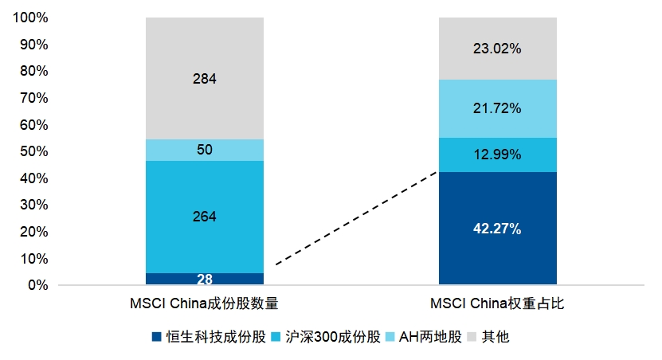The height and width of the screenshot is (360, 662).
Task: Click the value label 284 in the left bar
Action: pos(204,79)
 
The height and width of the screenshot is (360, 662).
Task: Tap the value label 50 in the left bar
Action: pos(204,150)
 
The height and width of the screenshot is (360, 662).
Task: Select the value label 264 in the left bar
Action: pos(204,217)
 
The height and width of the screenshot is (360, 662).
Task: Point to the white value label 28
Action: pos(204,279)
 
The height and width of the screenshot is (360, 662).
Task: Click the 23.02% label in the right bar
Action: pos(498,49)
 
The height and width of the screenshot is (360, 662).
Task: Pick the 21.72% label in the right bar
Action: pos(498,108)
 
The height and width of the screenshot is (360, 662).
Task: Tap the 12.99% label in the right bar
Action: pos(498,155)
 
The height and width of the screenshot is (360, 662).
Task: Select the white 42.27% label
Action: pos(498,229)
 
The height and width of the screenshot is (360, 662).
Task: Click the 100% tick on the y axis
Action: pos(31,18)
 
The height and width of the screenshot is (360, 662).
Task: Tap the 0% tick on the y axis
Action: pos(37,285)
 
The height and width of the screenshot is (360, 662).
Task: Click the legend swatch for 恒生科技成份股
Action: pos(156,337)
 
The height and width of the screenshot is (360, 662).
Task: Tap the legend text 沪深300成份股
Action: pos(327,337)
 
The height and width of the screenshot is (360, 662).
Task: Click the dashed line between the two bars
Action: pos(356,218)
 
